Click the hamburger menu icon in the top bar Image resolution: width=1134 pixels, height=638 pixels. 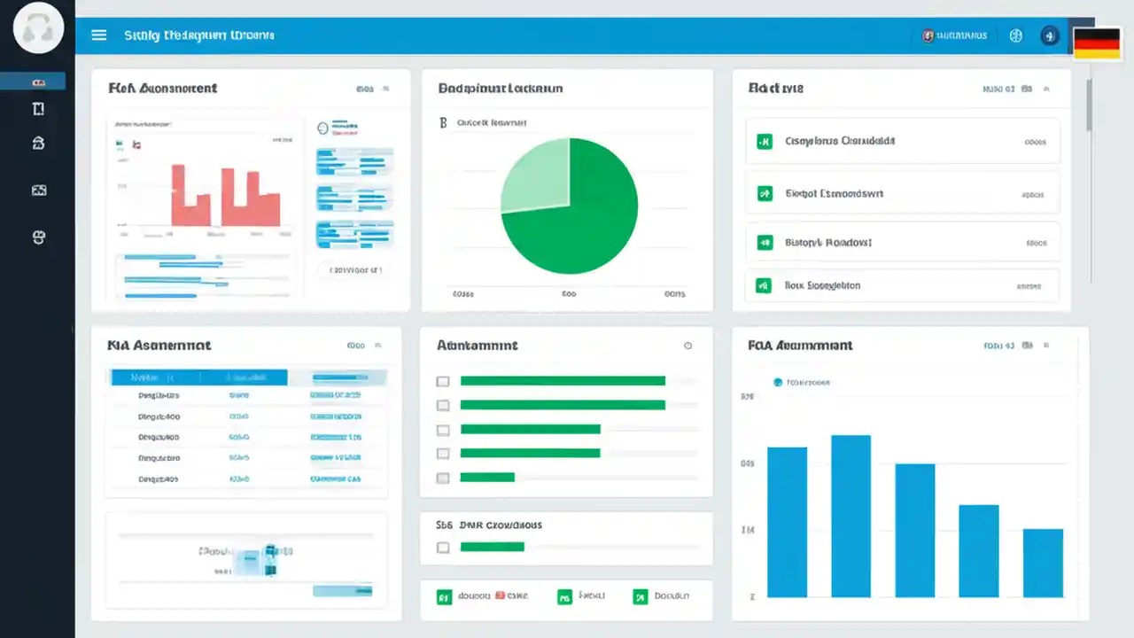click(99, 35)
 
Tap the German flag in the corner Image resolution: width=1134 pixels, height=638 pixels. click(1097, 43)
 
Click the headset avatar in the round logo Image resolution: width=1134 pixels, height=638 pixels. click(39, 28)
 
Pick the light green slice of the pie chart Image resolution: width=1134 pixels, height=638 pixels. click(536, 175)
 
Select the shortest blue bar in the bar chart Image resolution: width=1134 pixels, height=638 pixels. click(1043, 563)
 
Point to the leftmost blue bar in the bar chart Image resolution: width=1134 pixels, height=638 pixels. click(787, 522)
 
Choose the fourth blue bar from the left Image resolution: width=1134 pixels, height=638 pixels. click(979, 550)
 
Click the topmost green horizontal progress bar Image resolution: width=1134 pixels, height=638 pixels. click(563, 381)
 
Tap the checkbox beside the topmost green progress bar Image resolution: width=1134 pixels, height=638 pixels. click(443, 382)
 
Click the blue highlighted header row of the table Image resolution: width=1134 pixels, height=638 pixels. click(198, 377)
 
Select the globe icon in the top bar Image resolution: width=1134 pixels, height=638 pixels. click(1016, 36)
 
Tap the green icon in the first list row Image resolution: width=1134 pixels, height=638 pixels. click(764, 141)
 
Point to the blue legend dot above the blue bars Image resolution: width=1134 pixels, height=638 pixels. click(778, 382)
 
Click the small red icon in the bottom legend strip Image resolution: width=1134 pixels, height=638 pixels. click(500, 596)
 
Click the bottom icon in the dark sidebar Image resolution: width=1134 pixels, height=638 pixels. click(38, 237)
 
